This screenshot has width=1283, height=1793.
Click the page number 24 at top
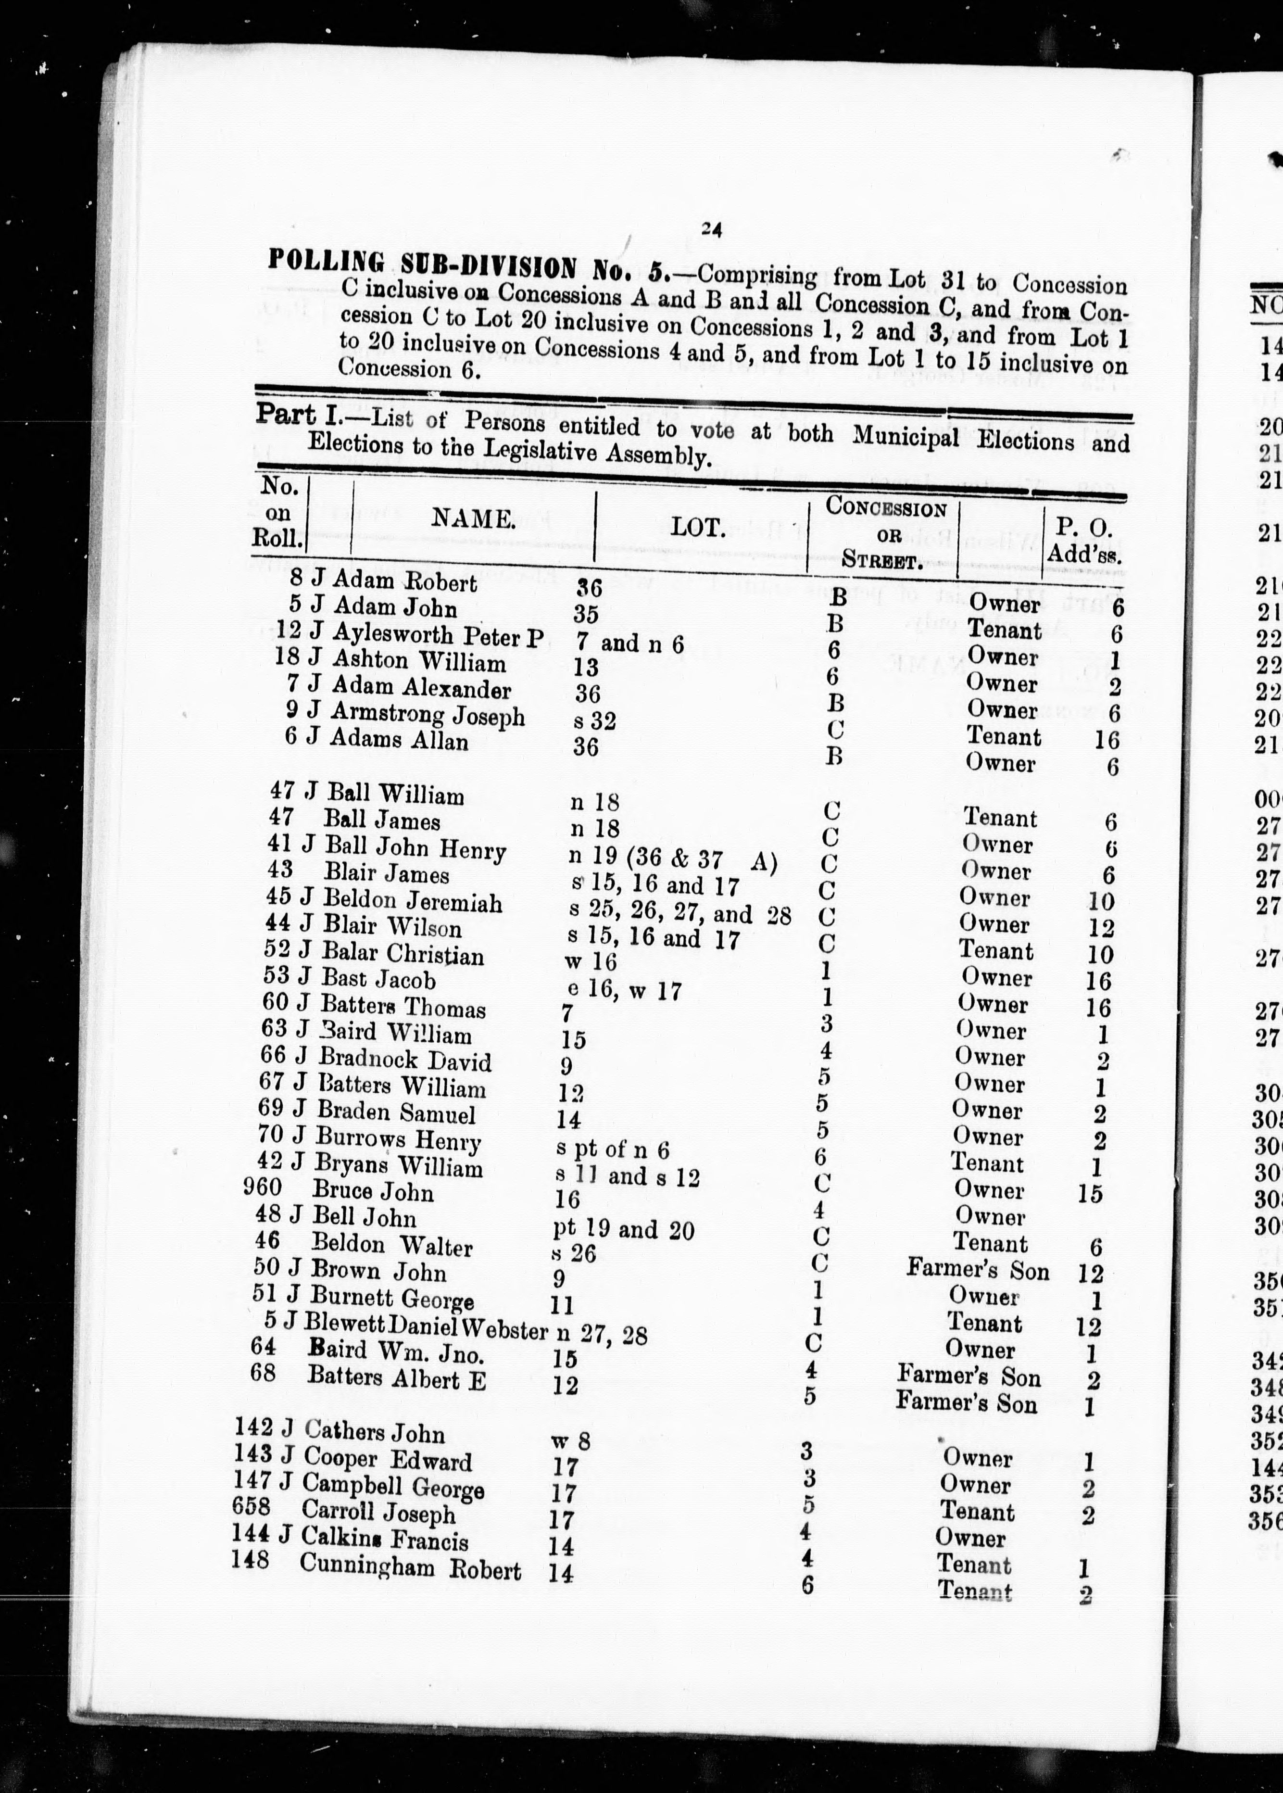point(711,229)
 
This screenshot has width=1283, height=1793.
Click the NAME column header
point(472,518)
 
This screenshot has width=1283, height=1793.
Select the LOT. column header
point(698,526)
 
